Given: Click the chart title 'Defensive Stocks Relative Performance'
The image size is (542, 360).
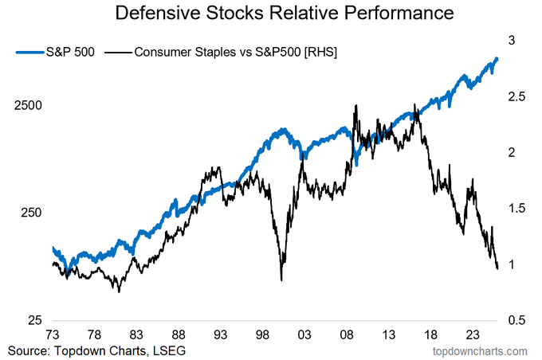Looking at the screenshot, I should tap(285, 14).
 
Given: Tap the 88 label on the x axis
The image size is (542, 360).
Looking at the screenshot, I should tap(178, 336).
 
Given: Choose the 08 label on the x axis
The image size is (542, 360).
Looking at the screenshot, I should tap(347, 336).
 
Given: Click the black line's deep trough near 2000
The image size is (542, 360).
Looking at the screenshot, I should tap(281, 279).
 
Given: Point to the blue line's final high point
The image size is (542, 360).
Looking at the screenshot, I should tap(497, 58).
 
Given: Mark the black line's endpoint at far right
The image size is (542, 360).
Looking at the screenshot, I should tap(497, 268).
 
